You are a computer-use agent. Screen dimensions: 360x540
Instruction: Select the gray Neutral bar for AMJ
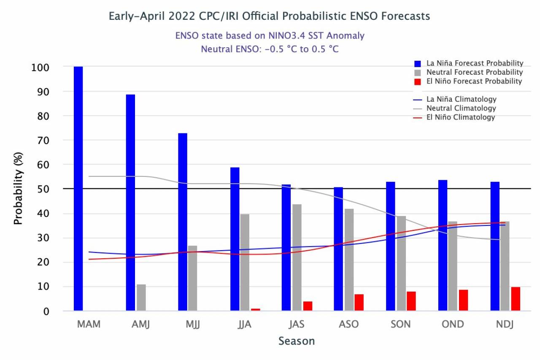[141, 298]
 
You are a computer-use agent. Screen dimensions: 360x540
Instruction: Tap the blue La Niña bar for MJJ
[183, 222]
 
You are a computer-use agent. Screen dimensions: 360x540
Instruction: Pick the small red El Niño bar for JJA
[255, 310]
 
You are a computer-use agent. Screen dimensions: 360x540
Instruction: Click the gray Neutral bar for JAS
[297, 257]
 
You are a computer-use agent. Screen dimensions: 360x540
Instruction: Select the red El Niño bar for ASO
[359, 303]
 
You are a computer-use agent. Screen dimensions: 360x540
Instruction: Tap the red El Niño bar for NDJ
[516, 299]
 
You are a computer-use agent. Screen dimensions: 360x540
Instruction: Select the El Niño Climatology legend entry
[461, 117]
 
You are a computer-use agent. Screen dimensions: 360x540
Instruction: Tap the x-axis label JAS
[296, 324]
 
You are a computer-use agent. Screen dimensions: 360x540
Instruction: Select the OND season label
[453, 324]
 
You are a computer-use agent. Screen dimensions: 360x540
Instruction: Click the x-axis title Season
[296, 341]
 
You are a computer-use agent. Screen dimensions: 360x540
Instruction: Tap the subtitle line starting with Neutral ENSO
[270, 49]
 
